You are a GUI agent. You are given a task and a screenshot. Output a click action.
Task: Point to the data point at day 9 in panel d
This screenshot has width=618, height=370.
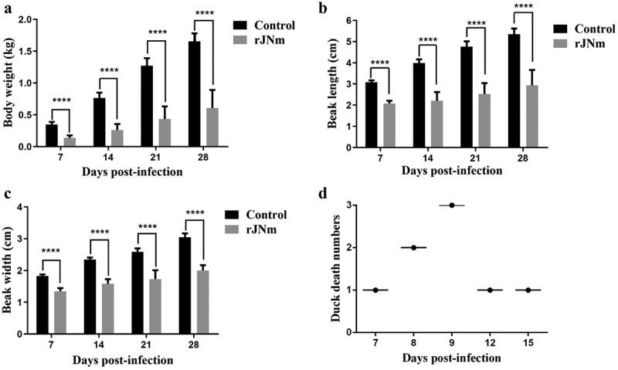click(450, 205)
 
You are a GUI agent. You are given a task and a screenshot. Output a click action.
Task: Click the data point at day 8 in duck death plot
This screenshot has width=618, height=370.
click(413, 248)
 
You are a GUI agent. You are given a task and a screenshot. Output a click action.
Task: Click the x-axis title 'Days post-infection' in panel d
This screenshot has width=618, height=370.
click(450, 359)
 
